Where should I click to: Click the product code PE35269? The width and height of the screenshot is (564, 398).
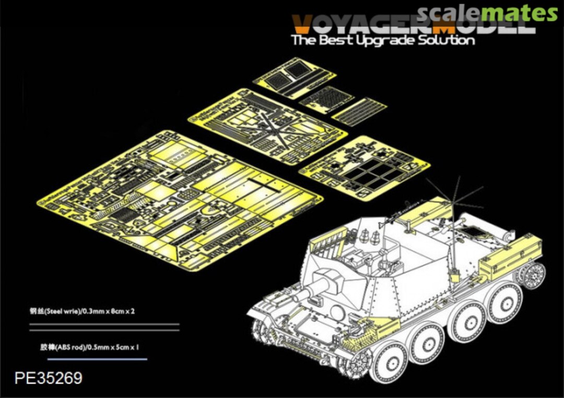point(49,378)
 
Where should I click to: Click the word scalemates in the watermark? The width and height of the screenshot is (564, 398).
point(487,13)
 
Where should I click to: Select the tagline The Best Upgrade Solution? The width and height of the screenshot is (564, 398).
point(383,40)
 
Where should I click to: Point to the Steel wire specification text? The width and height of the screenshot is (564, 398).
point(83,311)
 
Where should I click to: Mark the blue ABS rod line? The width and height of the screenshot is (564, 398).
point(97,359)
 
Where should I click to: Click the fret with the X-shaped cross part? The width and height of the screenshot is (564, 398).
point(267,126)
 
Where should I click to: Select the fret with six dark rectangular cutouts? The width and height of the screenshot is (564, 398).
point(364,168)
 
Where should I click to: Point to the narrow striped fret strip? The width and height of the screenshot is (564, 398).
point(359,111)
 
